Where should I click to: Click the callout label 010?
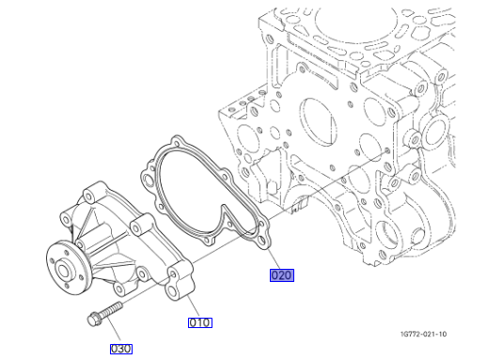(x=200, y=322)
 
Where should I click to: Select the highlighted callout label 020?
(x=282, y=275)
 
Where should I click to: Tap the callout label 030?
(x=121, y=349)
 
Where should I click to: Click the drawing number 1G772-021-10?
(x=424, y=334)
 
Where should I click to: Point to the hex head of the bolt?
(x=94, y=319)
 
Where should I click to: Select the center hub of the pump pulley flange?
(x=63, y=272)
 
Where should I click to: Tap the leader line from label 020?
(x=274, y=259)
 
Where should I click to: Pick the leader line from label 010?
(x=193, y=305)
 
